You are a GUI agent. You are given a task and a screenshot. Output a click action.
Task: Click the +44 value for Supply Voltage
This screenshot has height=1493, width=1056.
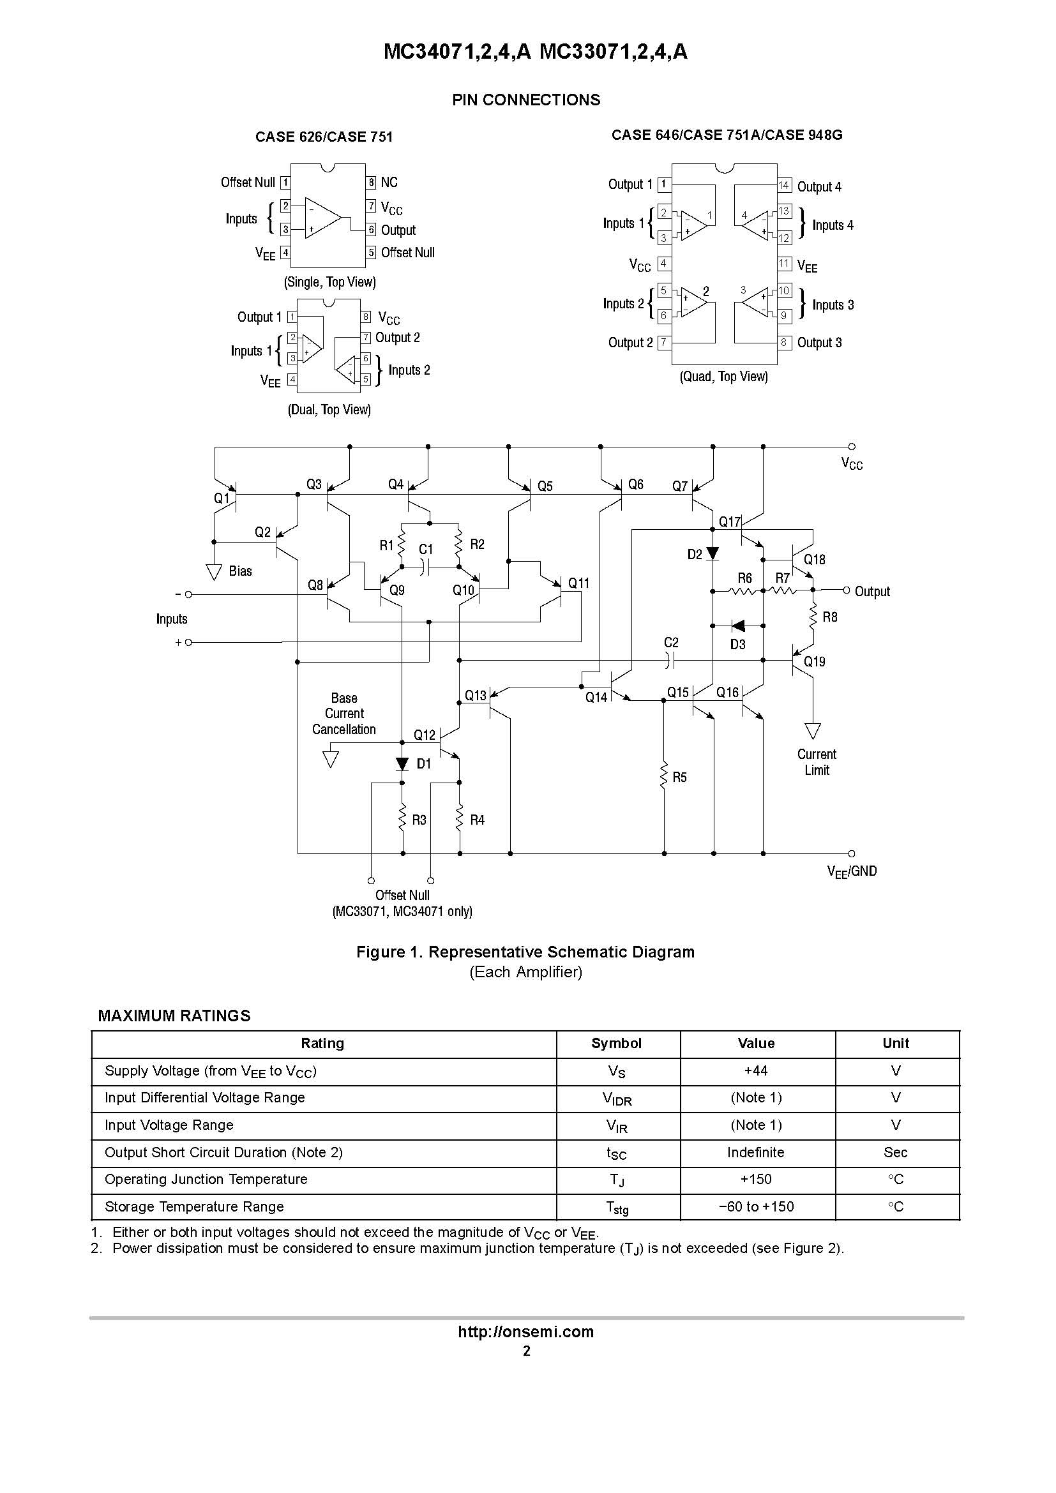[x=755, y=1070]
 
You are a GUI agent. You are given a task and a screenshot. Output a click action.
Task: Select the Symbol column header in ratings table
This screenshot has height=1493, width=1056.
[x=615, y=1043]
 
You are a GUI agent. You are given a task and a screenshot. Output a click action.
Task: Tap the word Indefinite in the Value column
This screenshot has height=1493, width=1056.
[x=755, y=1152]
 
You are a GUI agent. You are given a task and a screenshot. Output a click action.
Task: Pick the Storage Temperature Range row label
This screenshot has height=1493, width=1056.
[x=195, y=1206]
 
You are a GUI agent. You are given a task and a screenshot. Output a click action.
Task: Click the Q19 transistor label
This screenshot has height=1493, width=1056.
[x=814, y=661]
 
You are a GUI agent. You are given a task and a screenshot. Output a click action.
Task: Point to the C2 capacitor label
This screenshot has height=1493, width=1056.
[x=671, y=643]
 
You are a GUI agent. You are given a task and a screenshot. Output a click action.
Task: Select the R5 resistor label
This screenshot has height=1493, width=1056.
[x=679, y=777]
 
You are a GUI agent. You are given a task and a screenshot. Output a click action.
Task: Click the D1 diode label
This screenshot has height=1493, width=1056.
[x=424, y=763]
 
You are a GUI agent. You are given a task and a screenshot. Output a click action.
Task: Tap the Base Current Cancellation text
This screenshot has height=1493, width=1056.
[x=344, y=714]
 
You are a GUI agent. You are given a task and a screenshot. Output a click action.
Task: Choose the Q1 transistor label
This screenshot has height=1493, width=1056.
[x=222, y=498]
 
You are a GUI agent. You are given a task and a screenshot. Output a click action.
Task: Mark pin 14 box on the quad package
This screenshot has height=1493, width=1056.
[x=784, y=185]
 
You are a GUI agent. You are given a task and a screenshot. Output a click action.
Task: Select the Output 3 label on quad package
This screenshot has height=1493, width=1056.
[x=819, y=343]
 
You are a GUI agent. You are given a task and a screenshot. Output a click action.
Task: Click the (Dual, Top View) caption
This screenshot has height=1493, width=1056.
[x=329, y=410]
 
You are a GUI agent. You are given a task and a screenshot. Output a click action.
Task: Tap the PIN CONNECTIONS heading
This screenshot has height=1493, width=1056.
[x=526, y=100]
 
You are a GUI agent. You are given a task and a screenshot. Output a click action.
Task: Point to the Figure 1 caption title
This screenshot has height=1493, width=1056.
[x=525, y=952]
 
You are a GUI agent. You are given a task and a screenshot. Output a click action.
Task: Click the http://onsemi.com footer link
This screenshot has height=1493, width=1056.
[x=526, y=1332]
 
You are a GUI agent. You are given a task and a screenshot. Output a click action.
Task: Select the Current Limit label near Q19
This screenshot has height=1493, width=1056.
[x=817, y=762]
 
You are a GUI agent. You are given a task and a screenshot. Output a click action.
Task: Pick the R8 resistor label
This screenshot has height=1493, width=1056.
[x=830, y=617]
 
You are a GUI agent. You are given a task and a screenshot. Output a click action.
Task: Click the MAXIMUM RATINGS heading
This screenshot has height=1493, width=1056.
[x=174, y=1016]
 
